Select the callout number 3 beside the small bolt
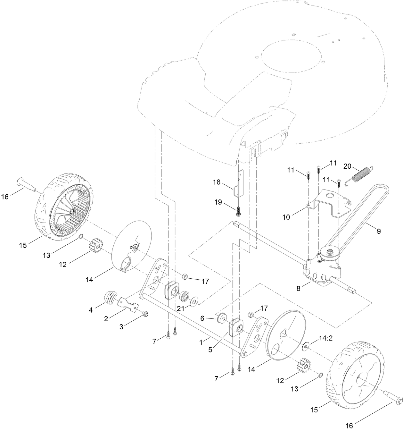[121, 327]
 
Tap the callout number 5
[210, 350]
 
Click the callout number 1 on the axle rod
[201, 343]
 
